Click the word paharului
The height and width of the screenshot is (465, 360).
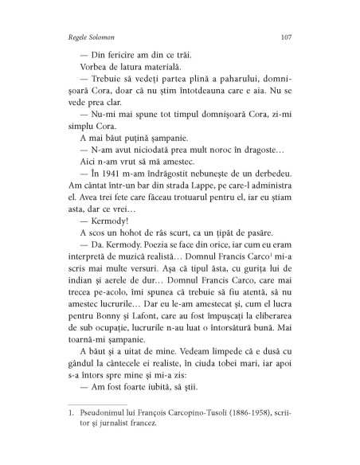233,87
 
